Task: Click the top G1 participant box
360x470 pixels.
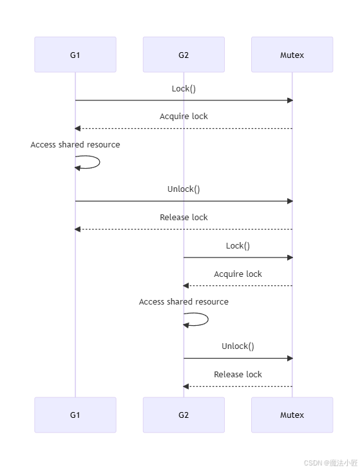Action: click(75, 55)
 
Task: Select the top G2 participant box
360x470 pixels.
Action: click(184, 55)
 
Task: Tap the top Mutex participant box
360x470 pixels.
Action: click(292, 55)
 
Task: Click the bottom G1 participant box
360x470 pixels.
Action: click(75, 415)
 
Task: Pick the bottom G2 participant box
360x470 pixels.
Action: click(184, 415)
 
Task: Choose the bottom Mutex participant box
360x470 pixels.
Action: click(292, 415)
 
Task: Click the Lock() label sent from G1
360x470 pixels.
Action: click(184, 88)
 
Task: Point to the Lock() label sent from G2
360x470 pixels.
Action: click(238, 245)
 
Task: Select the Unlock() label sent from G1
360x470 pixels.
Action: click(184, 189)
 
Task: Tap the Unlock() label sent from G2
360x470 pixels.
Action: click(238, 346)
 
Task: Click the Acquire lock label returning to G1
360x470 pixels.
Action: click(184, 117)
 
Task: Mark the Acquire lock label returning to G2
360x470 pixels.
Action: click(238, 274)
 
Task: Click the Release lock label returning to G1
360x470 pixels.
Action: click(184, 217)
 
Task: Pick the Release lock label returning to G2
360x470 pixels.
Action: click(238, 374)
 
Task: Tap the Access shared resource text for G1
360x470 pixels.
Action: click(75, 145)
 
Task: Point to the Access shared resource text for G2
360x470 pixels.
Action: click(184, 302)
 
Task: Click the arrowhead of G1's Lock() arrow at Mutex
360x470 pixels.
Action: click(290, 100)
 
